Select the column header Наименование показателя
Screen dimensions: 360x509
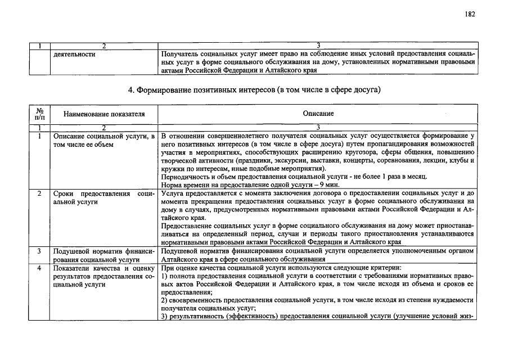(x=104, y=114)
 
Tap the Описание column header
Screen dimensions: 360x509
(x=318, y=114)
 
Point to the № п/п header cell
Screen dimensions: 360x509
(x=39, y=114)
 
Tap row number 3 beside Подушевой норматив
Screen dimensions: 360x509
(x=39, y=251)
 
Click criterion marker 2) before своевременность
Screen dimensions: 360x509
(x=164, y=300)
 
